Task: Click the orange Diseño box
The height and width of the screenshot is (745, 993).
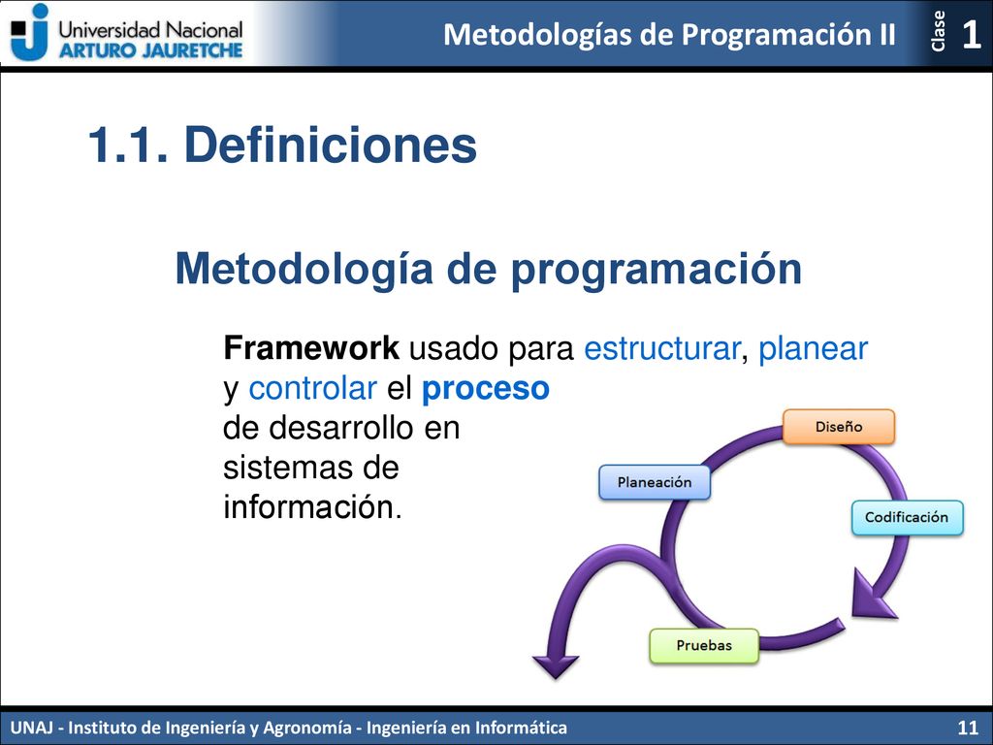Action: coord(839,427)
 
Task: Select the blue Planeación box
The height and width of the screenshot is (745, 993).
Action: coord(655,482)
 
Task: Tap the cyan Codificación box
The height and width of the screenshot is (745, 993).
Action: coord(907,517)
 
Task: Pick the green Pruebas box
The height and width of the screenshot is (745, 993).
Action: coord(704,645)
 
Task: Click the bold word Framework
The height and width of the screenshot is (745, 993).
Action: coord(311,348)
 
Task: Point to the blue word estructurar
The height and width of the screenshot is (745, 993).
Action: coord(661,349)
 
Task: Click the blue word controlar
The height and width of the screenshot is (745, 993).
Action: coord(313,388)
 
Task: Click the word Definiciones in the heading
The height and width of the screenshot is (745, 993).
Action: coord(330,146)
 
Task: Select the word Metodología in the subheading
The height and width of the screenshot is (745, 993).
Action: coord(304,270)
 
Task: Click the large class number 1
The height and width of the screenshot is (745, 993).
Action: coord(971,34)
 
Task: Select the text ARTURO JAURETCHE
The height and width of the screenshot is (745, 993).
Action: coord(150,50)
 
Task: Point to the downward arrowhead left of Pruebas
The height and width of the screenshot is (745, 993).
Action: coord(556,666)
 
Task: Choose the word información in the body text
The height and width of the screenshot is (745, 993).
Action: coord(312,507)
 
